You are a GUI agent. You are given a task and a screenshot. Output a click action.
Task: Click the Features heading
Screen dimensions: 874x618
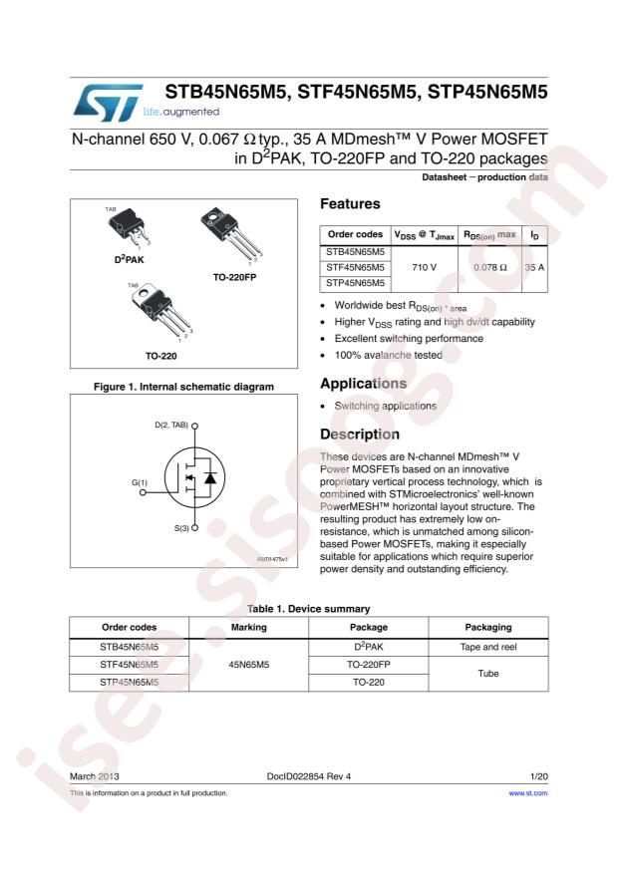[350, 204]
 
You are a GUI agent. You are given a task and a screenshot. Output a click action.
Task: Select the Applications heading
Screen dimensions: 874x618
[363, 384]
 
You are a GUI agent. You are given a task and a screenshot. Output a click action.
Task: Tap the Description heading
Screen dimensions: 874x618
[360, 435]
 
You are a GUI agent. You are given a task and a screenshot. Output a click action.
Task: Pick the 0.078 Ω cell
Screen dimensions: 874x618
[489, 267]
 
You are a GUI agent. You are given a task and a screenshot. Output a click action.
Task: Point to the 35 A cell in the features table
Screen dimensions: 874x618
[534, 267]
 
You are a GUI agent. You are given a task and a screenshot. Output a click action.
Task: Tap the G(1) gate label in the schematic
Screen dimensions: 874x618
[139, 482]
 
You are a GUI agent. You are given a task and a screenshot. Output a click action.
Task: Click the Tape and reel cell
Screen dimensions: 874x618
[488, 647]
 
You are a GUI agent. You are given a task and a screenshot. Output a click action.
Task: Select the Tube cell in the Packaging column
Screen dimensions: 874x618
[488, 674]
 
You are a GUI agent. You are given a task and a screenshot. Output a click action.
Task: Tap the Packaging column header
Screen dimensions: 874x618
[488, 627]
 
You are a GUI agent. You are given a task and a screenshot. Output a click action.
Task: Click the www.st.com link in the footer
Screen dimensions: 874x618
[528, 793]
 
